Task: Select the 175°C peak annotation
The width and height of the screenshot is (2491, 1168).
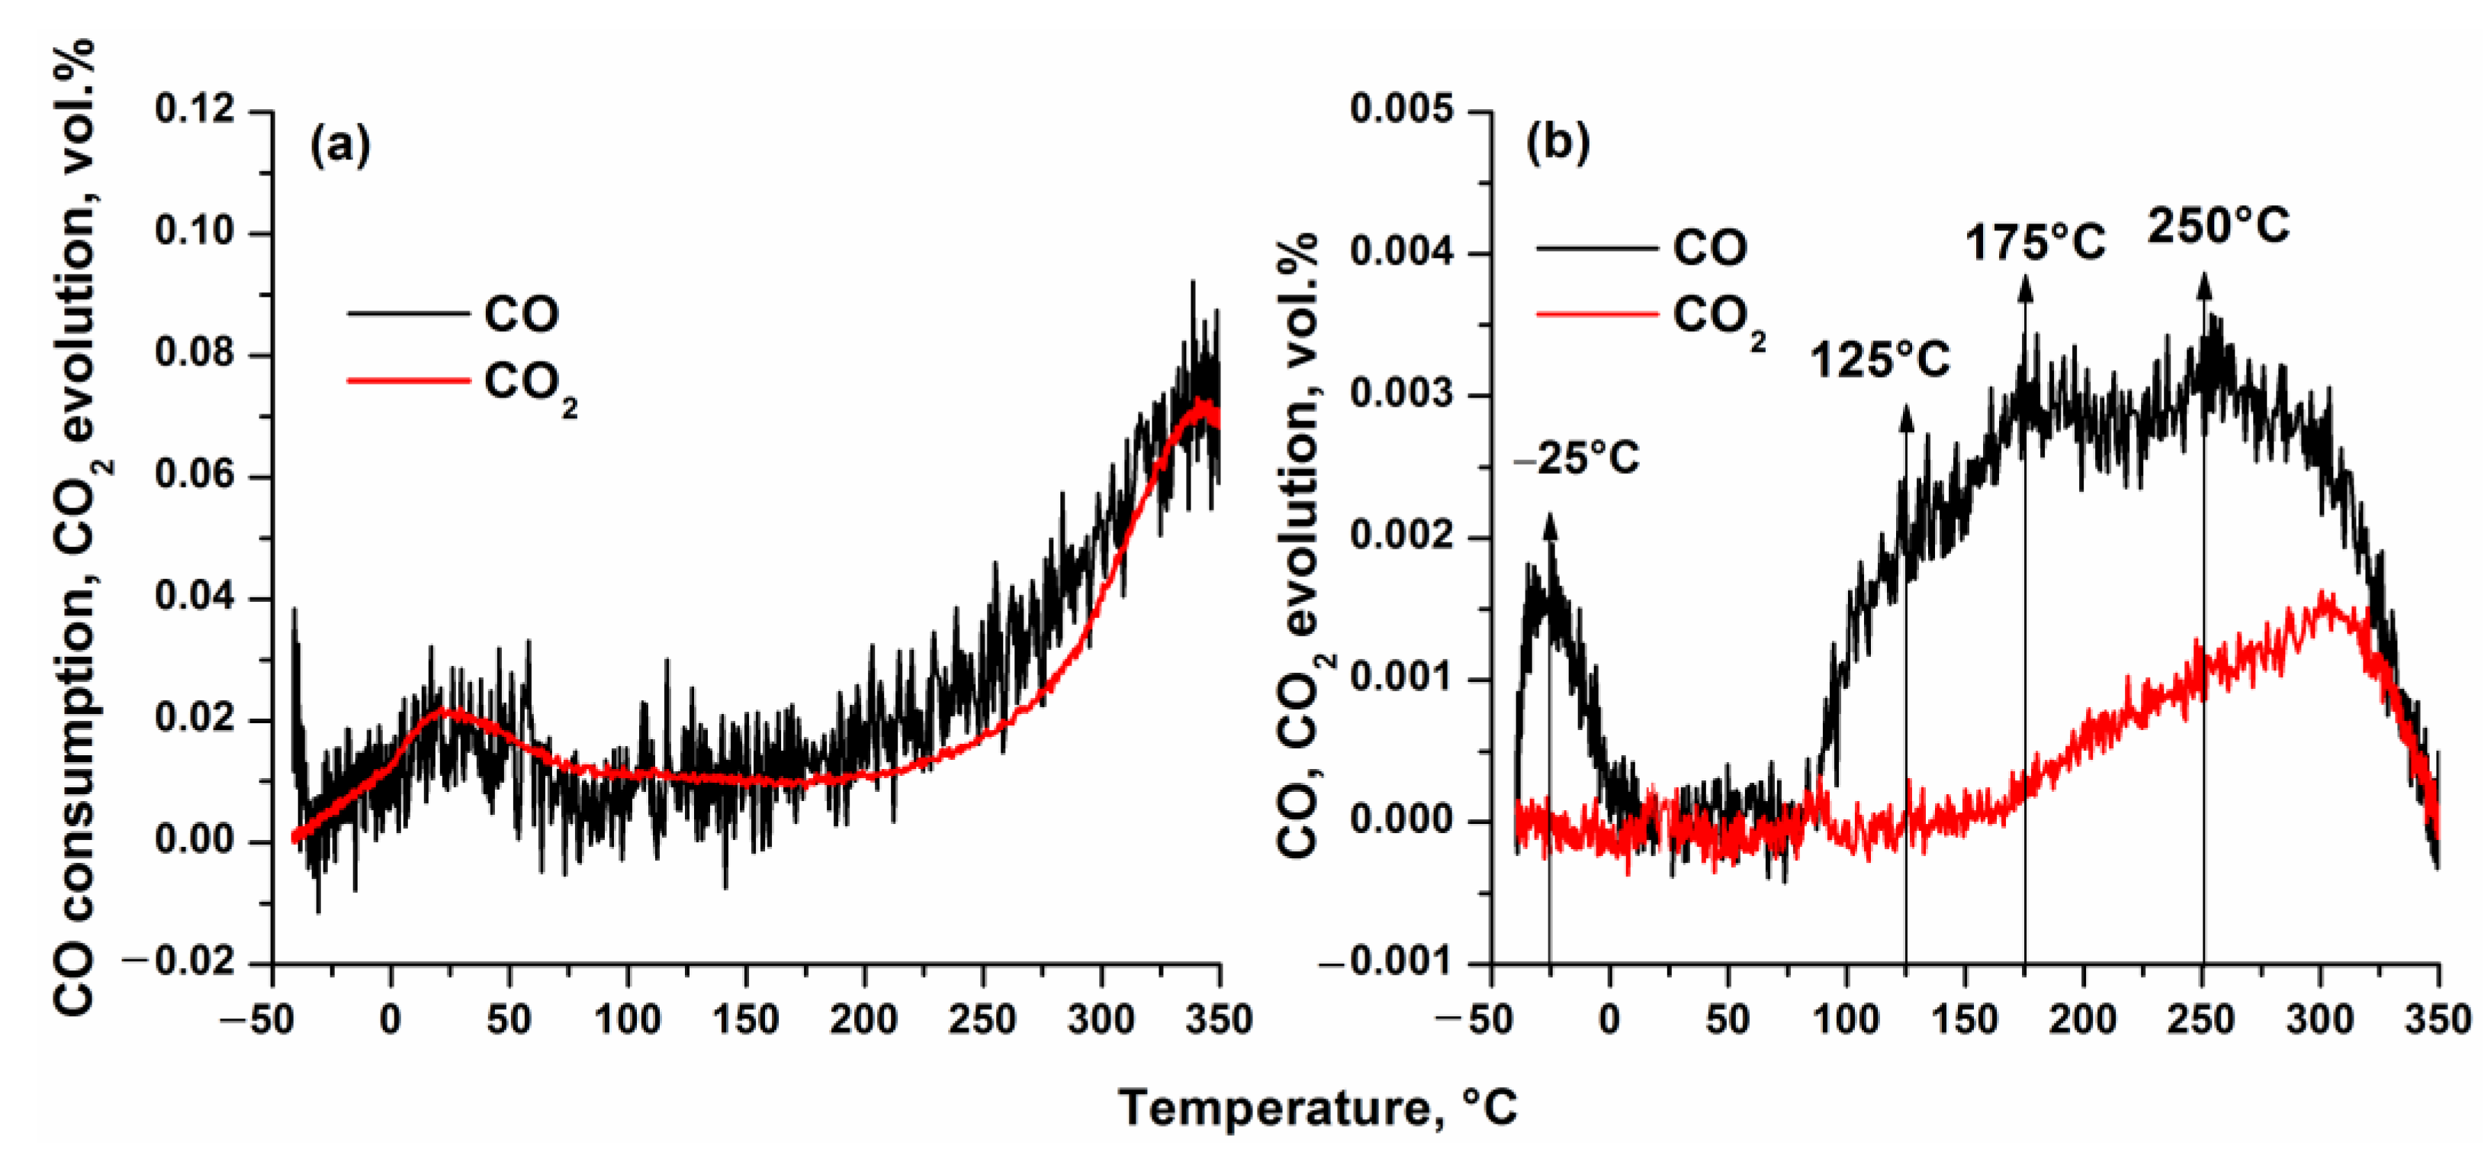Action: coord(2035,243)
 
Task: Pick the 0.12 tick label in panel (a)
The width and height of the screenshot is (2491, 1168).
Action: coord(194,109)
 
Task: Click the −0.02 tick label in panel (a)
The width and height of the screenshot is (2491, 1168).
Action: coord(180,963)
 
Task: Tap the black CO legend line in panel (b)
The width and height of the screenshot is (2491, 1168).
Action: coord(1596,249)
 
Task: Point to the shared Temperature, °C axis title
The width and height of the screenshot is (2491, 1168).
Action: coord(1317,1107)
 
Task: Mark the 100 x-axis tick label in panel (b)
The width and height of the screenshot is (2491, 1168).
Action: coord(1846,1020)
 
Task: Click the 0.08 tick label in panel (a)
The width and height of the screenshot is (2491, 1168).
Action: coord(194,354)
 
